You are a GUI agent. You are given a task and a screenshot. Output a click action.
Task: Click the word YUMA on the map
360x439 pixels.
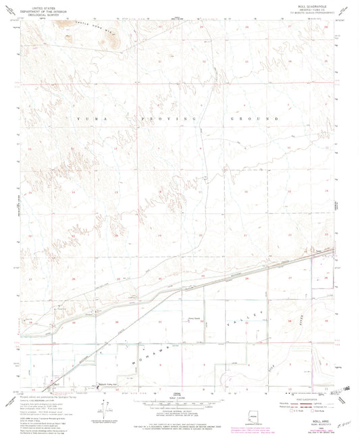pyautogui.click(x=88, y=118)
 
